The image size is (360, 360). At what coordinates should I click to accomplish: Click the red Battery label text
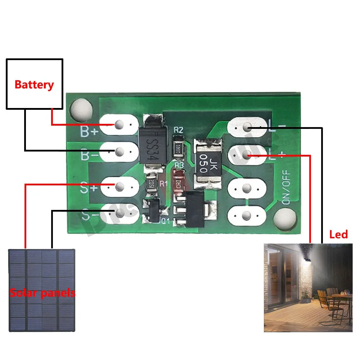pyautogui.click(x=34, y=85)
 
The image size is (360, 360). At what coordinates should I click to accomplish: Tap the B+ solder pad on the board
pyautogui.click(x=119, y=125)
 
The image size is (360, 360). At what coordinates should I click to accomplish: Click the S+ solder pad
pyautogui.click(x=119, y=186)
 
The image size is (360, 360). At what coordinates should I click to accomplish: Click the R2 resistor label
pyautogui.click(x=178, y=131)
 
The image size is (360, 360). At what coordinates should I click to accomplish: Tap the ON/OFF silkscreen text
pyautogui.click(x=287, y=188)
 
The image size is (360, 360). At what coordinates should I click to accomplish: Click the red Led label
pyautogui.click(x=338, y=235)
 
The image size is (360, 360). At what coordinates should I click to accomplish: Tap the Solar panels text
pyautogui.click(x=42, y=293)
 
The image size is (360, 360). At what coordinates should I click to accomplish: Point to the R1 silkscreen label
pyautogui.click(x=164, y=184)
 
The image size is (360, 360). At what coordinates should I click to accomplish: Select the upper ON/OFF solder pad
pyautogui.click(x=247, y=188)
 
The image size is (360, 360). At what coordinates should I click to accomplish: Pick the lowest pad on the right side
pyautogui.click(x=247, y=216)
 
